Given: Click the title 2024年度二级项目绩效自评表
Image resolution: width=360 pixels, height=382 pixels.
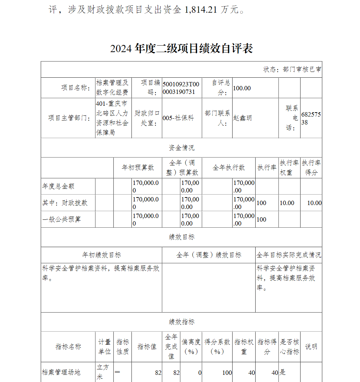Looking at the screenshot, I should [x=181, y=49].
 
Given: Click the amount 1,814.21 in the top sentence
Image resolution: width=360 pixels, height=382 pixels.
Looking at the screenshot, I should [x=201, y=10].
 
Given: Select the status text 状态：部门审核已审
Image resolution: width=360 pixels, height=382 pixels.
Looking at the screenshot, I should [x=292, y=69].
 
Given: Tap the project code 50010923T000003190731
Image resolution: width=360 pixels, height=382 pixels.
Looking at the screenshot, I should [x=181, y=88].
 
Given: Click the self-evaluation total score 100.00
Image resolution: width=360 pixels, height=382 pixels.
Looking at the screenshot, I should [x=242, y=88].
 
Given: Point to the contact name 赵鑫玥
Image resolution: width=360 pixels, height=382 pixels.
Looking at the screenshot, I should [x=243, y=118].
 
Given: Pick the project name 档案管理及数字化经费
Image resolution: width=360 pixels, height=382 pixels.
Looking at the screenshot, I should [x=112, y=87].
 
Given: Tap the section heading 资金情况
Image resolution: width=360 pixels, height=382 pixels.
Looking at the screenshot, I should [x=181, y=147].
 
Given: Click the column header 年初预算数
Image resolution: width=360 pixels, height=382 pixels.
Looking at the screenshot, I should [x=138, y=168].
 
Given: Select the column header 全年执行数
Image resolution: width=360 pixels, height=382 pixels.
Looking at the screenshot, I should [x=229, y=168].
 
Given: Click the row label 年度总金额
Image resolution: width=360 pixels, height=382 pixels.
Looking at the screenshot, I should [x=58, y=186].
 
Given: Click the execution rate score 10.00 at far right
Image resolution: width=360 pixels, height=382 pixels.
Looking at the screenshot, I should [x=314, y=203].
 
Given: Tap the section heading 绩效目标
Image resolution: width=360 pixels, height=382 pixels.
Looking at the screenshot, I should [x=181, y=237].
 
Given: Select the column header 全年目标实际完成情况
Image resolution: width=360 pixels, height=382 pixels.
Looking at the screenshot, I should [x=289, y=255].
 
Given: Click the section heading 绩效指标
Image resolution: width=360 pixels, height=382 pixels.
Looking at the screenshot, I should [x=181, y=322].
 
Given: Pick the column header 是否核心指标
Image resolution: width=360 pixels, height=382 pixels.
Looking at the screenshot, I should [x=289, y=347].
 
